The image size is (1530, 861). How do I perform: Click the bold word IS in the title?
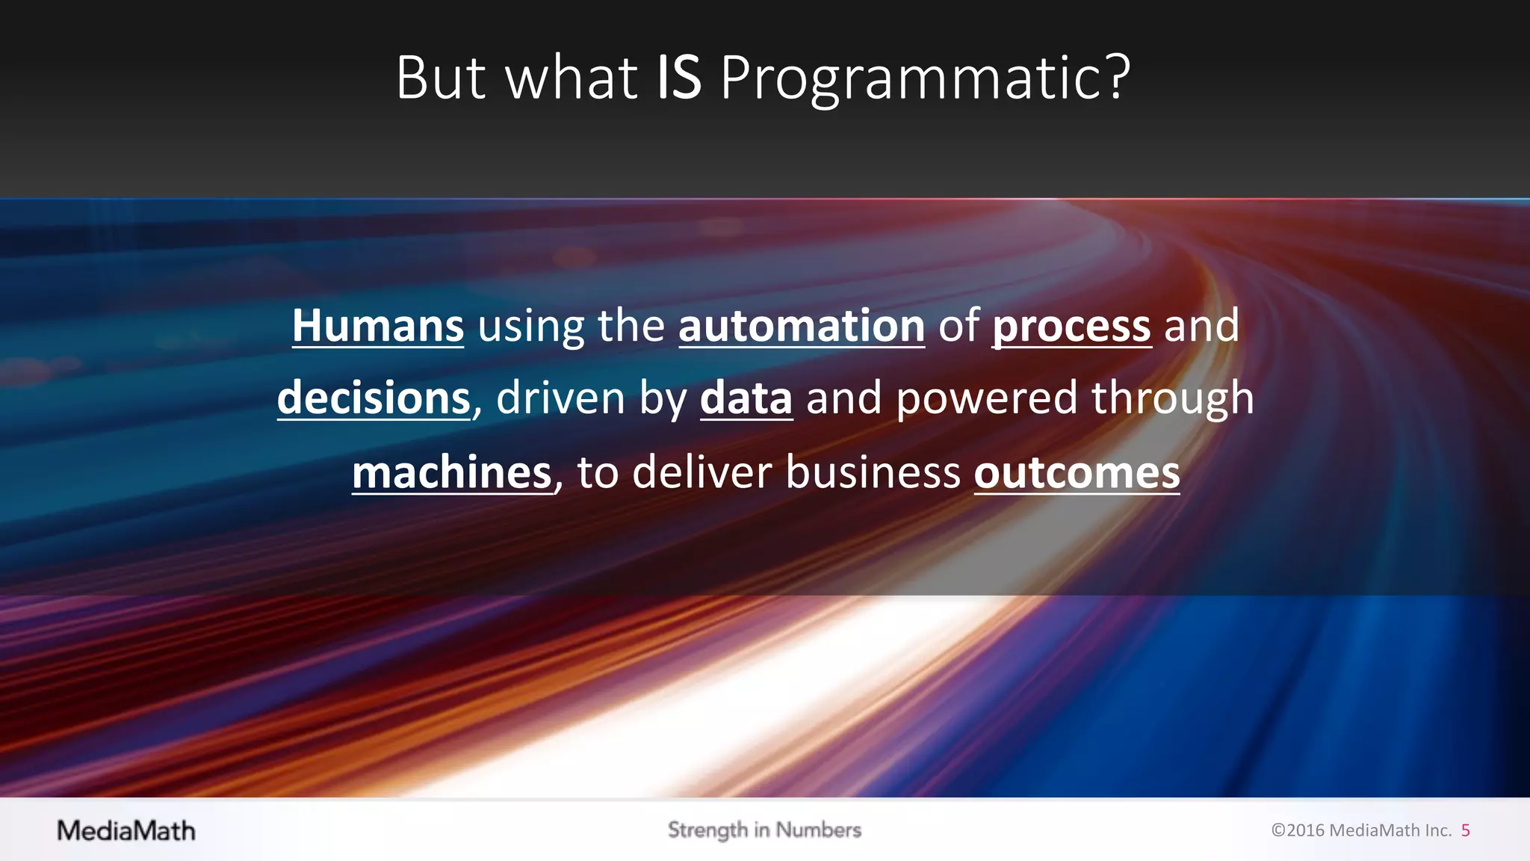pyautogui.click(x=678, y=78)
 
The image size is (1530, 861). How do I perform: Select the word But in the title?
pyautogui.click(x=441, y=78)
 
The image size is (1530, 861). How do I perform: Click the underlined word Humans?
pyautogui.click(x=378, y=327)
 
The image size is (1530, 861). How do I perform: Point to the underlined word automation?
pyautogui.click(x=802, y=327)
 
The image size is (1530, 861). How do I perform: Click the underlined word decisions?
pyautogui.click(x=374, y=398)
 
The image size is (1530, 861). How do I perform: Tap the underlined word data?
pyautogui.click(x=746, y=398)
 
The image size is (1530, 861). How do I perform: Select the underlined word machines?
pyautogui.click(x=452, y=473)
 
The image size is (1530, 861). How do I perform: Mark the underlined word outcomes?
pyautogui.click(x=1077, y=473)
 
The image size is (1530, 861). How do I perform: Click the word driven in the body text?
pyautogui.click(x=560, y=398)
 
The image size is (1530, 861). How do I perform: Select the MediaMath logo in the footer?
pyautogui.click(x=126, y=831)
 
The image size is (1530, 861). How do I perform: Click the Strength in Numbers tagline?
pyautogui.click(x=764, y=830)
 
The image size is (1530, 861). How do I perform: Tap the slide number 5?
pyautogui.click(x=1466, y=830)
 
